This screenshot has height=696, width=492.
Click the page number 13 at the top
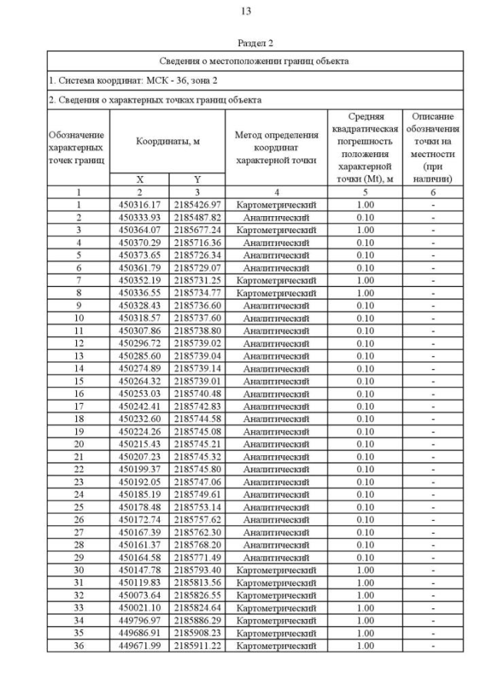click(246, 12)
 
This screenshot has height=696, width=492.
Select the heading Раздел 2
click(255, 43)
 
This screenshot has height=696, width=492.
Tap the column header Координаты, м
click(168, 142)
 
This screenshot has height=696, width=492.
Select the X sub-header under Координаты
click(139, 179)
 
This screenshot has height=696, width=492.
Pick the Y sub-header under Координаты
click(197, 179)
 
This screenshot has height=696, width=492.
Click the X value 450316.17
click(139, 205)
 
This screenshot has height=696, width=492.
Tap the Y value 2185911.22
click(197, 645)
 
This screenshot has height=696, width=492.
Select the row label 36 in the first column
click(78, 645)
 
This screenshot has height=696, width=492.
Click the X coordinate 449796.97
click(139, 620)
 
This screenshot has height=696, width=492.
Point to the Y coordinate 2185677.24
click(197, 229)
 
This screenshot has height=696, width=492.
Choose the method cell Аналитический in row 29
click(276, 557)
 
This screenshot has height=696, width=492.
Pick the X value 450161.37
click(139, 544)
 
